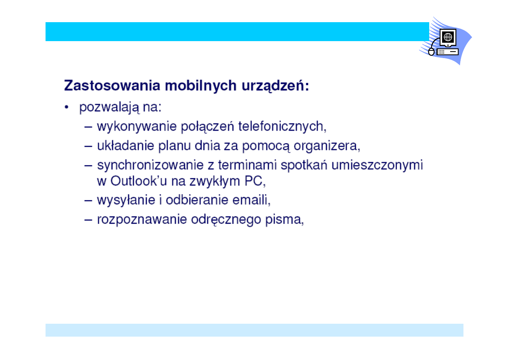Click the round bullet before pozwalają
pos(66,107)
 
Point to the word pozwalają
pos(109,108)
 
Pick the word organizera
pos(325,146)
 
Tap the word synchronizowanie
pos(150,165)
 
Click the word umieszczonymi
pos(377,165)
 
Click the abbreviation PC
pos(253,181)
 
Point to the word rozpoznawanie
pos(142,220)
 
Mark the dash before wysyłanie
pos(88,201)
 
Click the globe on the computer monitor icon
pos(448,37)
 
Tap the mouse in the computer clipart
pos(431,52)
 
